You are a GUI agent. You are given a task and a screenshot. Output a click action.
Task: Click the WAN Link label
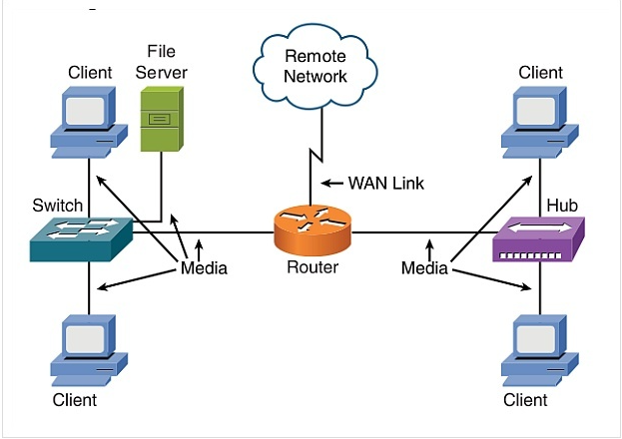[x=385, y=183]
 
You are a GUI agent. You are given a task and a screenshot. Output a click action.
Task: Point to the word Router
[x=313, y=267]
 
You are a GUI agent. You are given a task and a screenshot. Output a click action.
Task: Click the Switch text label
[x=58, y=206]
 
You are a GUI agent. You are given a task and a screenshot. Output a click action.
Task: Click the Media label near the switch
[x=204, y=267]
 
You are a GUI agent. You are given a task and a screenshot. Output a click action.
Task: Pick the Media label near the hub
[x=425, y=267]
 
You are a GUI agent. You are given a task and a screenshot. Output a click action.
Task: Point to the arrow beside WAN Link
[x=331, y=183]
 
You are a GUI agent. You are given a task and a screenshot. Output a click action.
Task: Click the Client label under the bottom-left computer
[x=75, y=400]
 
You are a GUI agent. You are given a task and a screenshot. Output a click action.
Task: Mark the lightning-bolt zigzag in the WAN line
[x=314, y=160]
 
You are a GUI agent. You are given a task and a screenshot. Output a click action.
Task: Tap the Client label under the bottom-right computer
[x=526, y=400]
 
